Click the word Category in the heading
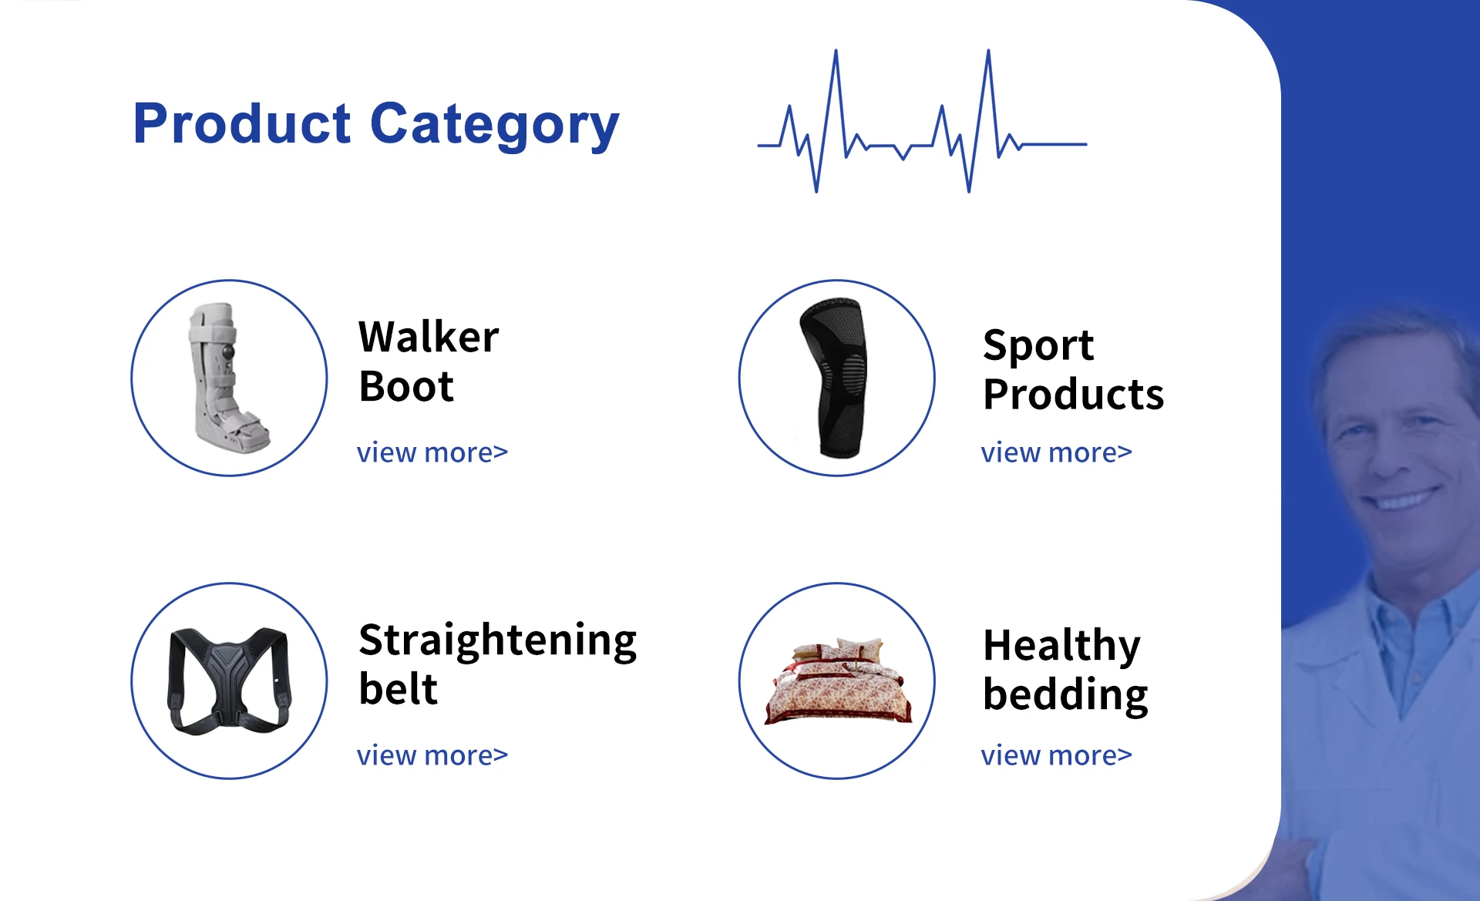coord(495,126)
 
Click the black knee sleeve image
coord(834,378)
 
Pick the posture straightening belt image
coord(230,681)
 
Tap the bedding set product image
coord(838,681)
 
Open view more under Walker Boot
coord(432,452)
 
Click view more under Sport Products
coord(1057,452)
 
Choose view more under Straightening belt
coord(432,755)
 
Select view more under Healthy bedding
coord(1057,755)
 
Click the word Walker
coord(429,337)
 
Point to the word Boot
coord(406,386)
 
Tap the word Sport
coord(1038,346)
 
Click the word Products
coord(1074,395)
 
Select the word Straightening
coord(498,641)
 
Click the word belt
coord(399,689)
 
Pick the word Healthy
coord(1062,647)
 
